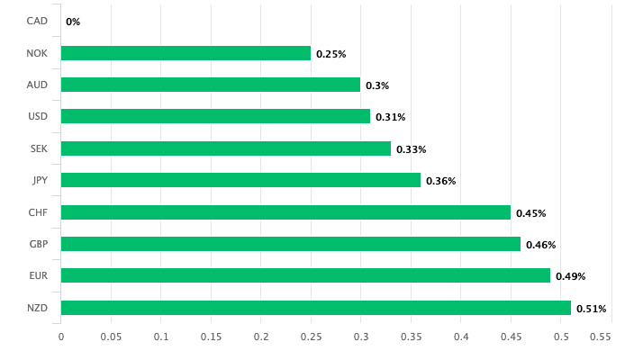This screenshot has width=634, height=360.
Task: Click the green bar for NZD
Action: coord(315,308)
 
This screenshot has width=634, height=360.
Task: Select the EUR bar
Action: coord(305,275)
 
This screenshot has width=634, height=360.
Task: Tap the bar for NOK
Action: coord(186,53)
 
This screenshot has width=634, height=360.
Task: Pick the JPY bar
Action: coord(240,180)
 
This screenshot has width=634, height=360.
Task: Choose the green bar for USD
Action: coord(215,116)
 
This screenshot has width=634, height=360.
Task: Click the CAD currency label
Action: coord(37,21)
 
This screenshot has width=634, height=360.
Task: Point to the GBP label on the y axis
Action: coord(37,244)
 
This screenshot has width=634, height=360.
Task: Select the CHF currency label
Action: coord(37,212)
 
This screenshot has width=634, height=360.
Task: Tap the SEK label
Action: coord(37,148)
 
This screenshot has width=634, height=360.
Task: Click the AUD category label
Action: coord(37,85)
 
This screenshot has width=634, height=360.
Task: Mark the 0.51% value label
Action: coord(591,309)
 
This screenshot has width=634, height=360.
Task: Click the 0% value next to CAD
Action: coord(73,22)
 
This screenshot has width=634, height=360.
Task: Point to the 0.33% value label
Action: coord(411,149)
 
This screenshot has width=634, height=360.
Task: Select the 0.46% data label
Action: coord(540,245)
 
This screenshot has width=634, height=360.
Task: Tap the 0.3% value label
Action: coord(377,85)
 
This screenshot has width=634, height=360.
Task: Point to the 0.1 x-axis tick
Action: coord(161,337)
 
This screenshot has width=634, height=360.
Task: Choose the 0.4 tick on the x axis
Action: coord(461,337)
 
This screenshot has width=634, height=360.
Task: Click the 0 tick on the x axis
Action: coord(61,337)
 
